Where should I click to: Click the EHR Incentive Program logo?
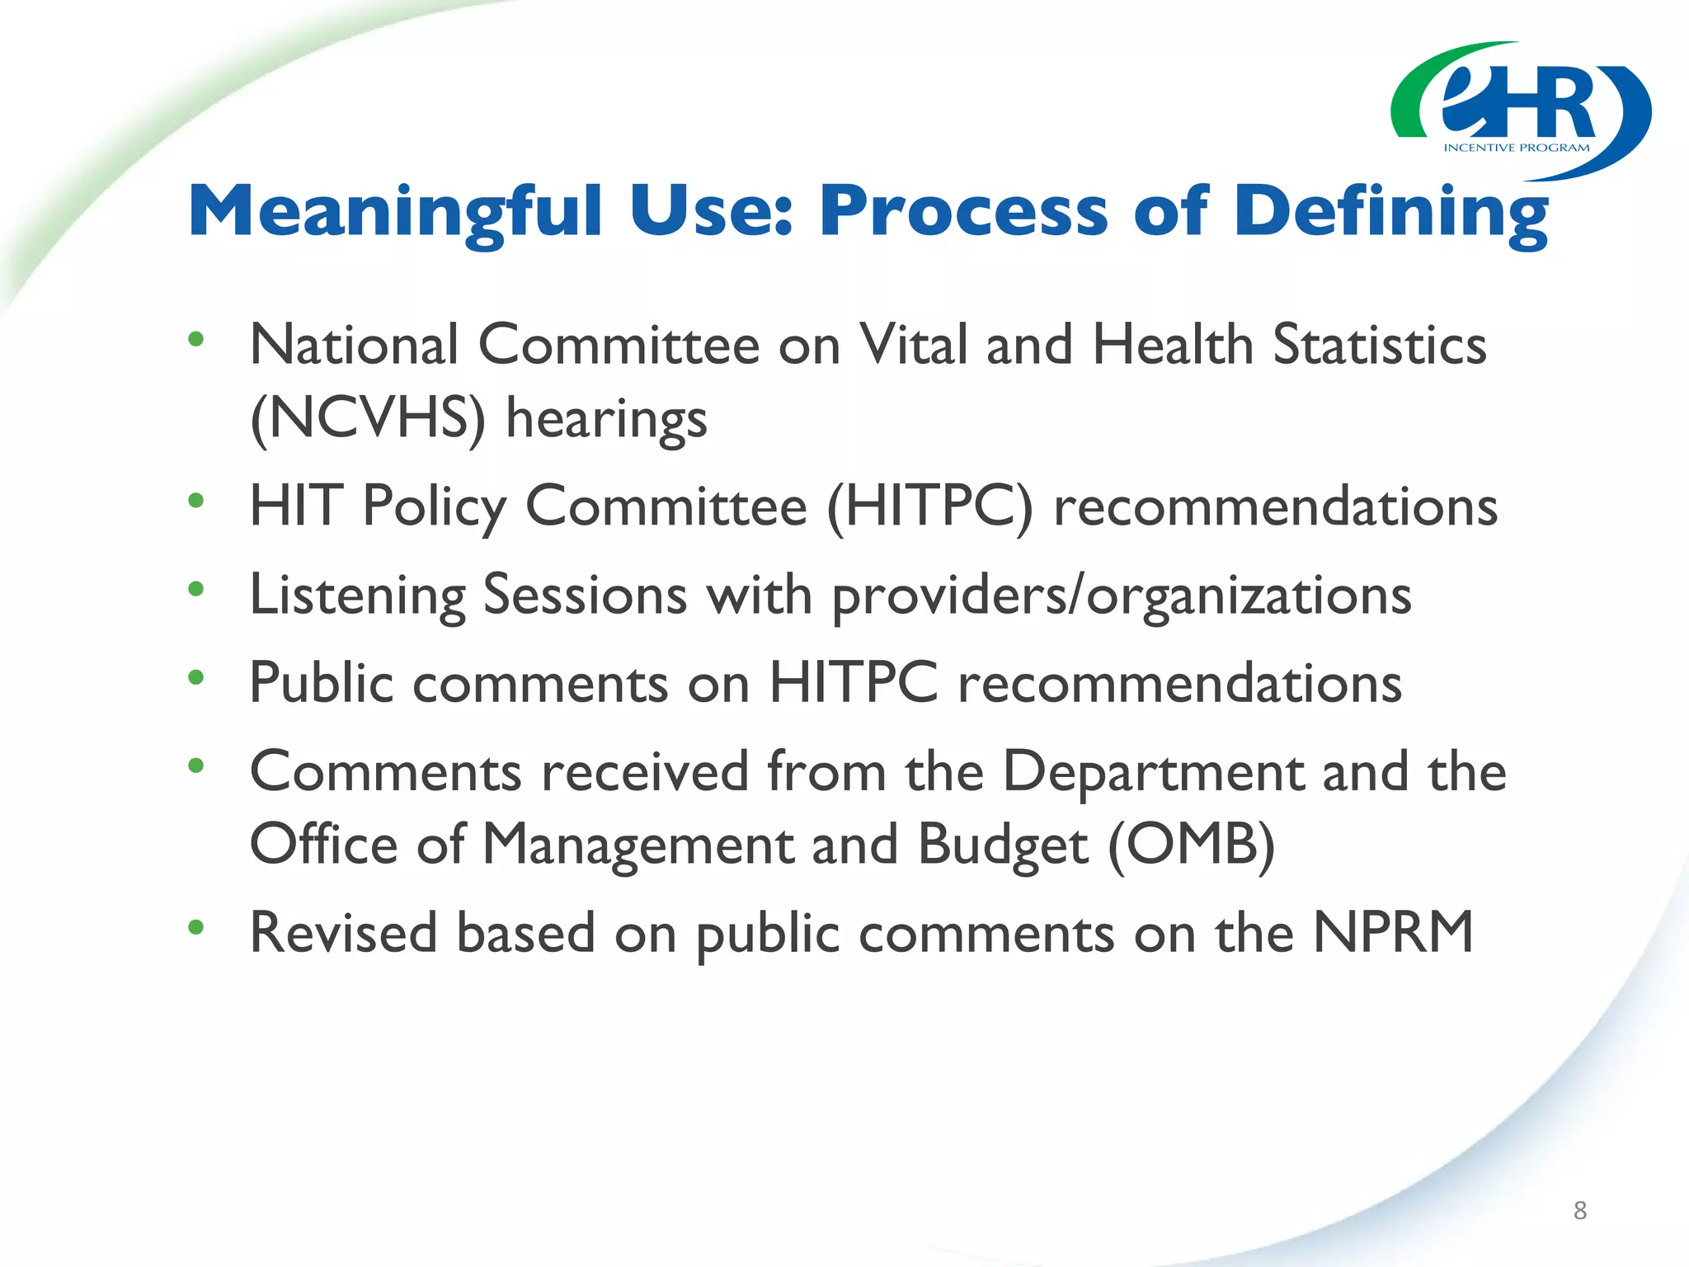click(1520, 110)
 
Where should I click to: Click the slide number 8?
click(1579, 1210)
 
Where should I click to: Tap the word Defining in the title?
click(1390, 213)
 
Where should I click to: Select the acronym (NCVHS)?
click(368, 418)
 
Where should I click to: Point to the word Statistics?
click(1380, 345)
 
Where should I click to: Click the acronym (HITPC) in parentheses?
click(929, 506)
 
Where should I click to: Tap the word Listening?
click(357, 596)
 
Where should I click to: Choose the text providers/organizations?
click(1122, 596)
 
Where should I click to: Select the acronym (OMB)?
click(1191, 845)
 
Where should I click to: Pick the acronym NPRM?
click(1393, 933)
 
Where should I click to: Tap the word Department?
click(1153, 772)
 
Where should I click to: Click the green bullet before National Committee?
click(195, 339)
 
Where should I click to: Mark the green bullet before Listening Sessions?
click(195, 589)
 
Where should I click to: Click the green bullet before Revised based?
click(195, 927)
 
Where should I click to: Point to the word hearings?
click(606, 418)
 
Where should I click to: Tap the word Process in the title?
click(963, 213)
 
